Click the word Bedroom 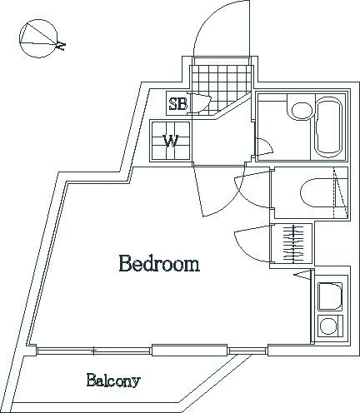click(159, 264)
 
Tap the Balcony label click(113, 381)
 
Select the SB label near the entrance click(178, 104)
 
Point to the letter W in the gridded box click(171, 142)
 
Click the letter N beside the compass click(61, 45)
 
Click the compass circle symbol click(38, 38)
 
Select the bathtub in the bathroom click(329, 127)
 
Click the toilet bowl click(317, 192)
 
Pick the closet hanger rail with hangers click(293, 244)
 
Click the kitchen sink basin click(330, 296)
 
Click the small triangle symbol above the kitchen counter click(302, 274)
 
